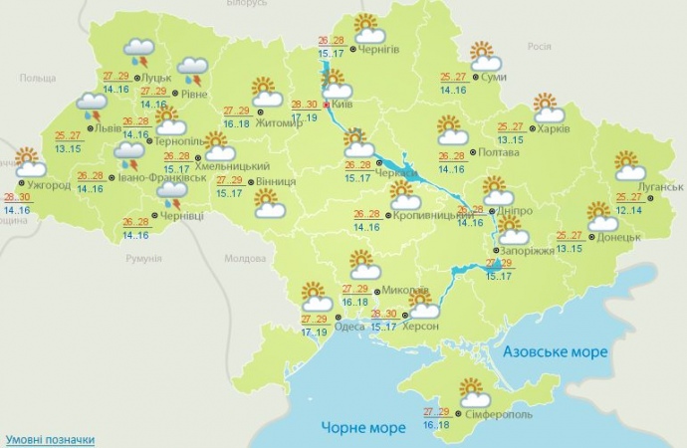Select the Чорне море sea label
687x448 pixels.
point(362,428)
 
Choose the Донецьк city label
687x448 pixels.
point(619,239)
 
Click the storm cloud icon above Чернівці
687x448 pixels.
point(172,193)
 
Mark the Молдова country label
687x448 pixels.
point(245,259)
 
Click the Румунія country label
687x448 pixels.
point(144,259)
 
